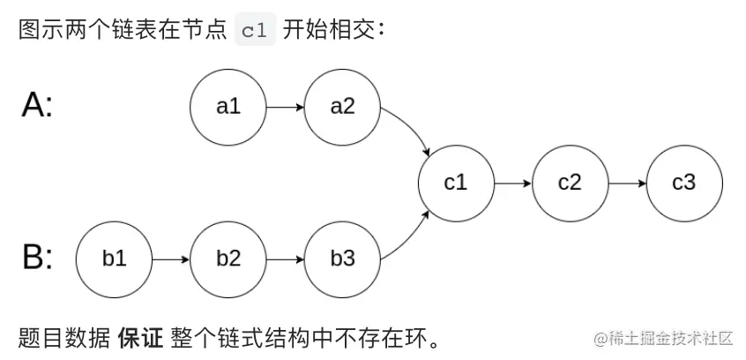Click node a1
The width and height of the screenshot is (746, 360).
point(228,107)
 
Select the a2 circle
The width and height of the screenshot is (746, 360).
point(342,107)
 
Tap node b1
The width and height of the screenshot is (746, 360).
point(114,259)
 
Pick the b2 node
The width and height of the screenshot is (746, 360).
point(228,259)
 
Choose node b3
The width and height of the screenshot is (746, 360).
point(342,259)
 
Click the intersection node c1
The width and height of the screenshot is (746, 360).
point(456,183)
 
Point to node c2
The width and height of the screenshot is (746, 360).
point(570,183)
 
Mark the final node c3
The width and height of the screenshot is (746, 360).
point(684,183)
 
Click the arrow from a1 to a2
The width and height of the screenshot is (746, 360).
point(285,107)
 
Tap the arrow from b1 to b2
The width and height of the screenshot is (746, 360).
point(170,259)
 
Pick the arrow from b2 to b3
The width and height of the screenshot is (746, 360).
point(285,259)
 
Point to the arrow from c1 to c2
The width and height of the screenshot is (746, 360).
point(512,183)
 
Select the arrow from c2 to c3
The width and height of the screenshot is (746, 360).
point(627,183)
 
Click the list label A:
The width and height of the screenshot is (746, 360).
point(37,106)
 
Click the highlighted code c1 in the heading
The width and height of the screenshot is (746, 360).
point(255,30)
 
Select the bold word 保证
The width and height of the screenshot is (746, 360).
point(140,337)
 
